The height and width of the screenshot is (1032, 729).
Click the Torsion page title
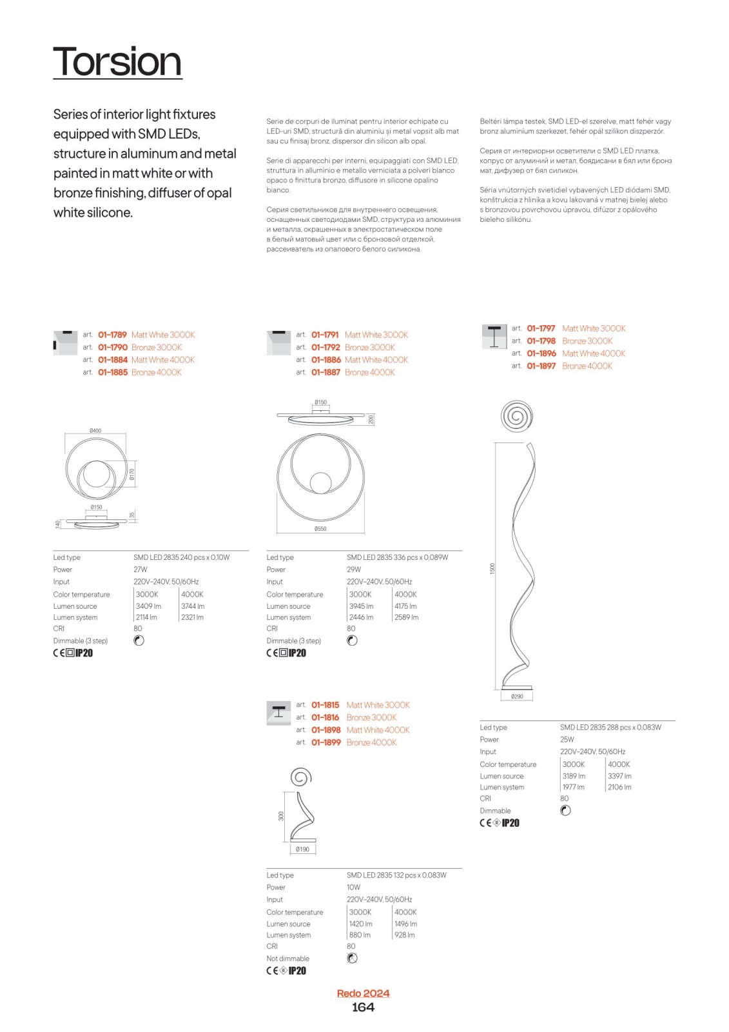coord(117,62)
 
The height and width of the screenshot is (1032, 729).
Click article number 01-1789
coord(112,335)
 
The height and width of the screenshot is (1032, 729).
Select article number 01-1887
coord(326,372)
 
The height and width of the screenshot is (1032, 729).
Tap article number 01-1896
coord(541,353)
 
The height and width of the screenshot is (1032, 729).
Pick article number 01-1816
coord(326,717)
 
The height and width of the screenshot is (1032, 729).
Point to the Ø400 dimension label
coord(95,430)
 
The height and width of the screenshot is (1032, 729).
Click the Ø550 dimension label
coord(320,529)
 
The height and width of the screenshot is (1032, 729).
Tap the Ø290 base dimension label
coord(517,697)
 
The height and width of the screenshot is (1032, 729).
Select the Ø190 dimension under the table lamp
coord(302,849)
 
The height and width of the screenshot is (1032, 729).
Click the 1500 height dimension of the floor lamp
coord(492,568)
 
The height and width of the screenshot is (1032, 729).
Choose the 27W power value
coord(141,570)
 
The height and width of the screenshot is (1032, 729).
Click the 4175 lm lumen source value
coord(405,606)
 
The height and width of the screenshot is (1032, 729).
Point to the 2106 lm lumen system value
coord(619,787)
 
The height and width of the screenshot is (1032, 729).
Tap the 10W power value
coord(354,888)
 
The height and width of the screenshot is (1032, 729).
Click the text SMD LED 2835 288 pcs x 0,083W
coord(610,728)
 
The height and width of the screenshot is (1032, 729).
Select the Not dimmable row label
coord(288,958)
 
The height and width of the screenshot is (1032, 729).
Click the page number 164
coord(363,1007)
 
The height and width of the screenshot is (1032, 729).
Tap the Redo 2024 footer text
coord(363,993)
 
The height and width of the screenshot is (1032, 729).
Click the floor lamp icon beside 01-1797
coord(494,336)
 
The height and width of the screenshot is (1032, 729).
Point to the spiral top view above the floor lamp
coord(516,416)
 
